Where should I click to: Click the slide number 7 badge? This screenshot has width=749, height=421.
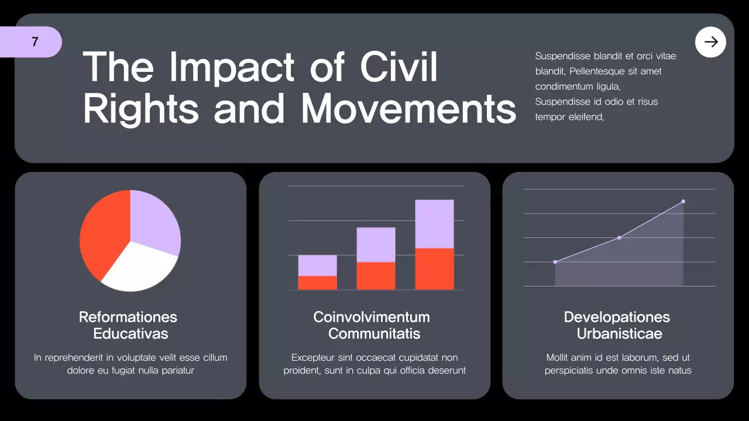tap(35, 42)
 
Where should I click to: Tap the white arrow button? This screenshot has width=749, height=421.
tap(710, 42)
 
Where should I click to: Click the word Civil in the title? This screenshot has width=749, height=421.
tap(398, 67)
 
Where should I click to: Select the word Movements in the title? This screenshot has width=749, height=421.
tap(408, 109)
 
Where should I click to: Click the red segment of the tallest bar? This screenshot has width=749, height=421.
tap(434, 269)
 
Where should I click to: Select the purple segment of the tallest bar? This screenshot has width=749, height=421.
tap(434, 224)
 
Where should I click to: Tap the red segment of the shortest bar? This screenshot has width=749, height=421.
tap(317, 283)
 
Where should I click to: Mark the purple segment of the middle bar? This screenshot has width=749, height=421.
tap(376, 244)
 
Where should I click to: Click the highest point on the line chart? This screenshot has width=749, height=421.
tap(683, 201)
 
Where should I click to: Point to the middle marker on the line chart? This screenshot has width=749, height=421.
tap(619, 237)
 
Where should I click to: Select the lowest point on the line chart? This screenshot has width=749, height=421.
tap(555, 262)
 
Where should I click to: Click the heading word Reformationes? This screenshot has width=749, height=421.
tap(128, 317)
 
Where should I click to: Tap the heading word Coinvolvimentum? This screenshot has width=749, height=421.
tap(372, 317)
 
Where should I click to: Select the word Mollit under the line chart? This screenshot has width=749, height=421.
tap(559, 357)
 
